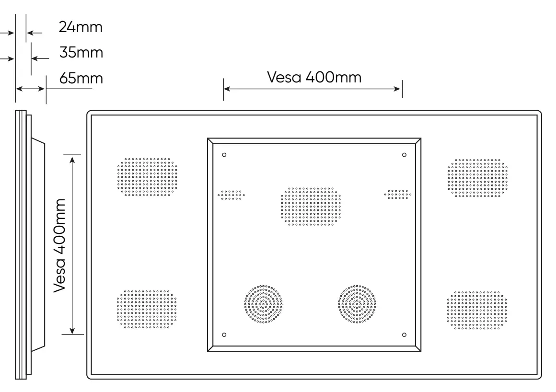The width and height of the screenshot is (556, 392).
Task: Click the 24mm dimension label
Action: tap(81, 27)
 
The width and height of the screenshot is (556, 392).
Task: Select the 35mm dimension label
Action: tap(81, 52)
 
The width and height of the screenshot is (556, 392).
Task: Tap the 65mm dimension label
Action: tap(81, 78)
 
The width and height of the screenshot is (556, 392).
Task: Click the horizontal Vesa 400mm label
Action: tap(313, 77)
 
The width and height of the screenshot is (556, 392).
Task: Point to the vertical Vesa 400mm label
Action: tap(60, 244)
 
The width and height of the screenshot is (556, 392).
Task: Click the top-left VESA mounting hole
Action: tap(224, 155)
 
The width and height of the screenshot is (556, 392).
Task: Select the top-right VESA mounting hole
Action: tap(404, 154)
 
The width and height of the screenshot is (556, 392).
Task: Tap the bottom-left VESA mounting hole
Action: tap(224, 334)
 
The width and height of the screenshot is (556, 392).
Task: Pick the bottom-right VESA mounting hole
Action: tap(404, 334)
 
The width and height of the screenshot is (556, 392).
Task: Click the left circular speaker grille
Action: tap(263, 305)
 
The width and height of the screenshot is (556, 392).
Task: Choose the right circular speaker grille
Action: tap(357, 305)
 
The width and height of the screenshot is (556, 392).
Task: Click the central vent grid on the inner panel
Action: tap(311, 206)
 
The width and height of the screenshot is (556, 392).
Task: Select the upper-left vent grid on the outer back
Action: tap(147, 177)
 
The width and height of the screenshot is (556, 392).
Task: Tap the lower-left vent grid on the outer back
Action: tap(147, 309)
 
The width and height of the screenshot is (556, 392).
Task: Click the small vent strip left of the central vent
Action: tap(232, 195)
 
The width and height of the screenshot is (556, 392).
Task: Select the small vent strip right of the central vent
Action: tap(397, 194)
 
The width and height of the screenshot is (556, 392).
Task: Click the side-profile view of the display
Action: tap(29, 244)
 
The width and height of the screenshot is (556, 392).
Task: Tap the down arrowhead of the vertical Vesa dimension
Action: tap(72, 330)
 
